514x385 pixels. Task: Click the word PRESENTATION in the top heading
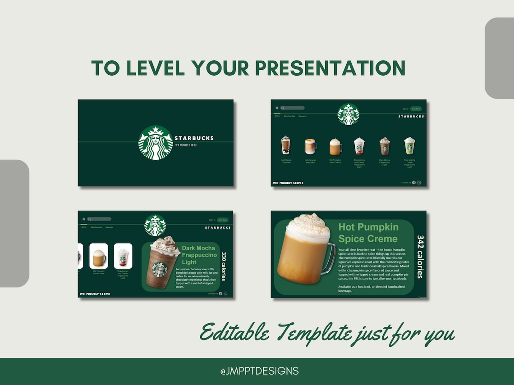pyautogui.click(x=330, y=68)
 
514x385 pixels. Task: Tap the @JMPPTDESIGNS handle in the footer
pyautogui.click(x=259, y=371)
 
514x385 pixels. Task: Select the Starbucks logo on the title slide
pyautogui.click(x=156, y=143)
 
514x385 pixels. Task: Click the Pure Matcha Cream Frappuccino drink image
pyautogui.click(x=409, y=146)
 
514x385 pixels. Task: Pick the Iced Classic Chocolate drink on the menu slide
pyautogui.click(x=286, y=145)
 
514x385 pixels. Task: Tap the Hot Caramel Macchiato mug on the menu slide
pyautogui.click(x=310, y=146)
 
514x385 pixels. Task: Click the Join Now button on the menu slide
pyautogui.click(x=416, y=109)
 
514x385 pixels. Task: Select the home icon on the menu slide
pyautogui.click(x=277, y=108)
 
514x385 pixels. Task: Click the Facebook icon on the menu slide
pyautogui.click(x=414, y=182)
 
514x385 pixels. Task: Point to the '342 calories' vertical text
pyautogui.click(x=420, y=256)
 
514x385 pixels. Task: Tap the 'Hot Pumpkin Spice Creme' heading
pyautogui.click(x=368, y=233)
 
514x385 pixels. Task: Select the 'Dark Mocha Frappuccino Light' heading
pyautogui.click(x=199, y=255)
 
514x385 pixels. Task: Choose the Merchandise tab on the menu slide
pyautogui.click(x=289, y=116)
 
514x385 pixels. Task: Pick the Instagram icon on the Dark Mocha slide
pyautogui.click(x=225, y=294)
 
